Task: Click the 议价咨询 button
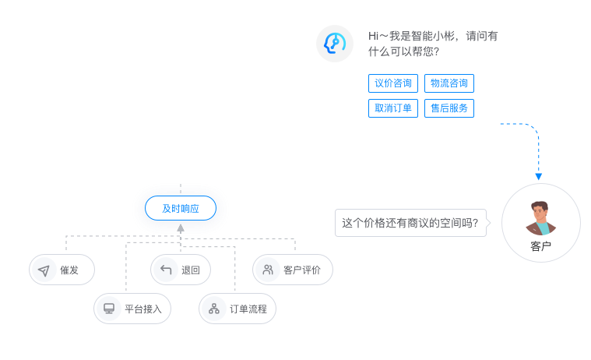tap(393, 83)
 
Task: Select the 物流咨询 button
tap(449, 83)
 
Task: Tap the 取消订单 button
tap(393, 108)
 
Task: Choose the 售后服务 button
tap(449, 108)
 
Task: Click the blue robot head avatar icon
tap(335, 44)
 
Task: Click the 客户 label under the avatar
tap(540, 246)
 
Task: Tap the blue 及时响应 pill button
tap(181, 208)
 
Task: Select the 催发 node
tap(62, 270)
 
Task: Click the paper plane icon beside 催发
tap(44, 270)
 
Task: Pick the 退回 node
tap(181, 270)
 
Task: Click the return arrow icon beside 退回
tap(165, 270)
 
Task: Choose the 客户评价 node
tap(293, 270)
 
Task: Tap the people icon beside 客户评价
tap(268, 270)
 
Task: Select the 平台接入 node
tap(132, 309)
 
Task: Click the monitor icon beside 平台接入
tap(109, 309)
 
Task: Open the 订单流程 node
tap(237, 309)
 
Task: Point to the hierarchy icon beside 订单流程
tap(214, 309)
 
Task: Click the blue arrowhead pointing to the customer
tap(539, 177)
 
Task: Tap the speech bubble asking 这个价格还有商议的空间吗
tap(410, 223)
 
